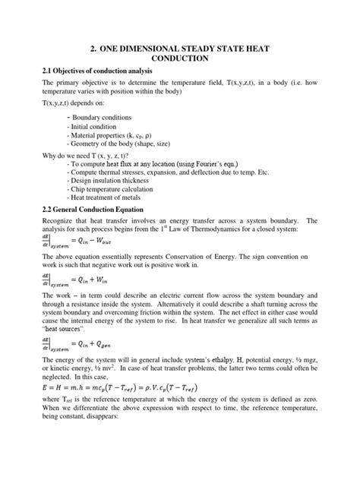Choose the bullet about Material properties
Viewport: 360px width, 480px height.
click(x=113, y=137)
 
